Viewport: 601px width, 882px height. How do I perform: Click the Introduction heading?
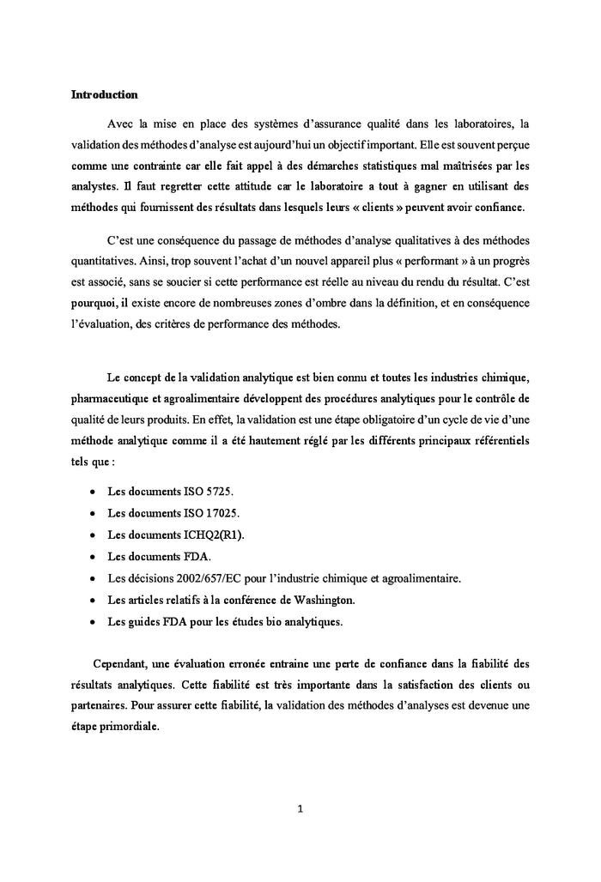[104, 94]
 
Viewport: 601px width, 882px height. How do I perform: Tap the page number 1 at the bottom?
[300, 807]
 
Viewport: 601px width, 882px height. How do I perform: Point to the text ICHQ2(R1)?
[219, 534]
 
